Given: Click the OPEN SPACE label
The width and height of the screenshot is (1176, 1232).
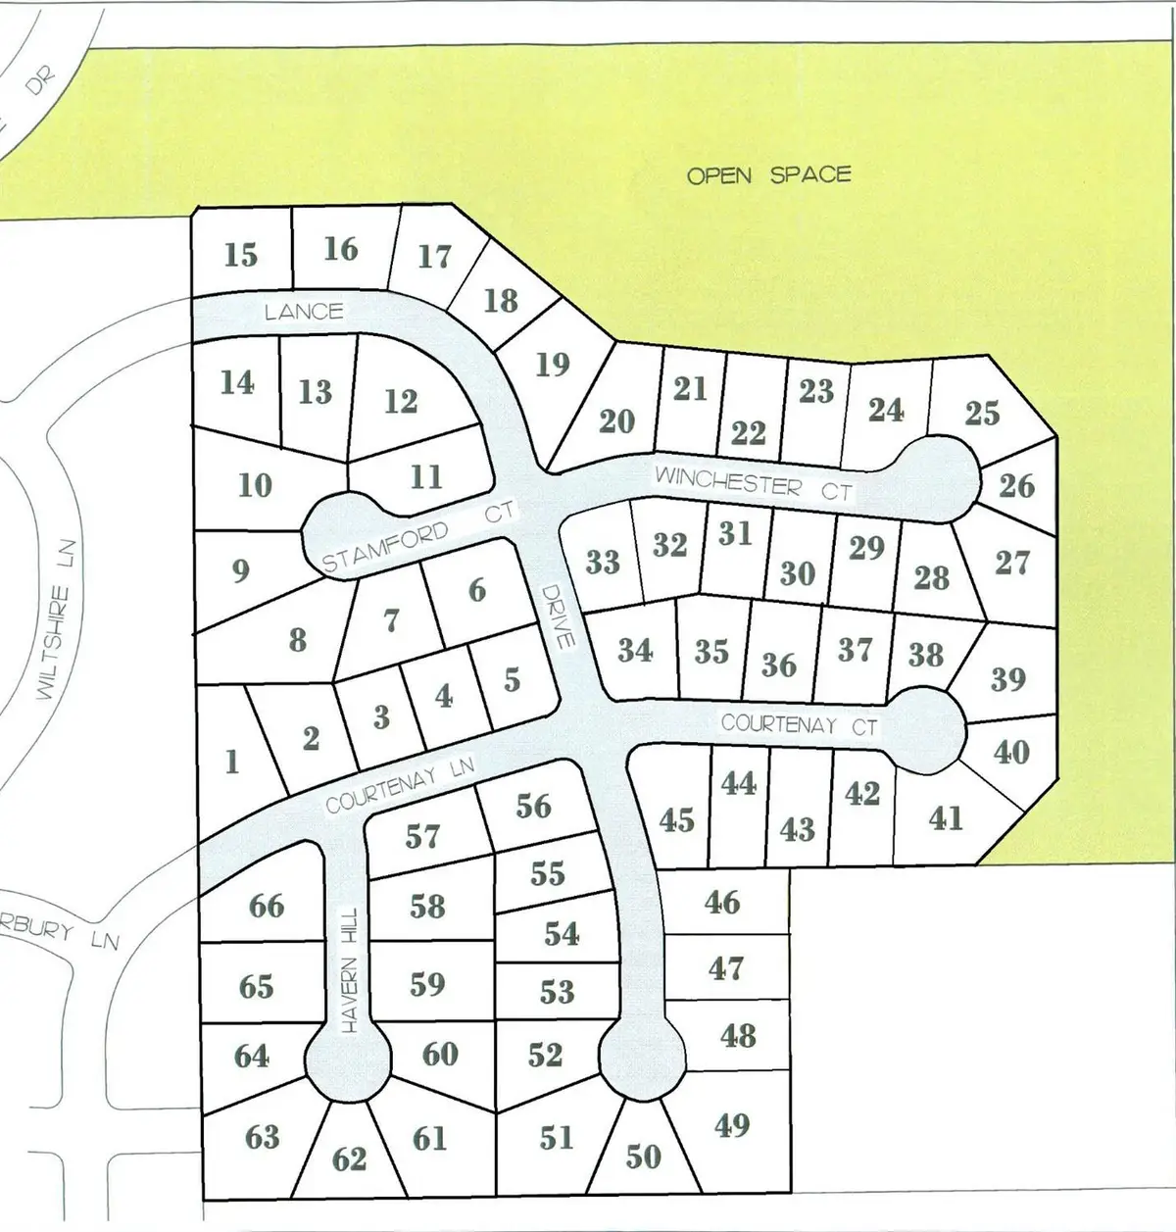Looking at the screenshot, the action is pyautogui.click(x=768, y=175).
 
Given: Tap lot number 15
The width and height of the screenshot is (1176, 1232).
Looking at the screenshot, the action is pyautogui.click(x=240, y=255).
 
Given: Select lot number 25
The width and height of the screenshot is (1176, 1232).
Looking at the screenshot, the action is pyautogui.click(x=981, y=413).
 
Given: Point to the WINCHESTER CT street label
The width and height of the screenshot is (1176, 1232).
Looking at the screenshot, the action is pyautogui.click(x=754, y=483).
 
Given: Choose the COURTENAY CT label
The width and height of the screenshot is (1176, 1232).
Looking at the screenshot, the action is pyautogui.click(x=800, y=725).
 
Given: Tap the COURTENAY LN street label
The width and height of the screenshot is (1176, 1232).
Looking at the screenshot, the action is pyautogui.click(x=400, y=784).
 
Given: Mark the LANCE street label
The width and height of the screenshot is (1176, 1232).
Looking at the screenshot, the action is pyautogui.click(x=304, y=312).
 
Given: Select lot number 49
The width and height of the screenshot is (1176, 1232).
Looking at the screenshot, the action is pyautogui.click(x=732, y=1125).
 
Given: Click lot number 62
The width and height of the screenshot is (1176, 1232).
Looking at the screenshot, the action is pyautogui.click(x=349, y=1159).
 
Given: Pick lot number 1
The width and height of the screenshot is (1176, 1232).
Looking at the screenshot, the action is pyautogui.click(x=232, y=762).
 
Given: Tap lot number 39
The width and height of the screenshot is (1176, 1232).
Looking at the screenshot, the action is pyautogui.click(x=1007, y=678).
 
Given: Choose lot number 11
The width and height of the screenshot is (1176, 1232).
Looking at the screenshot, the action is pyautogui.click(x=425, y=477).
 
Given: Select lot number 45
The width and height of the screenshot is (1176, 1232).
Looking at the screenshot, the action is pyautogui.click(x=676, y=819).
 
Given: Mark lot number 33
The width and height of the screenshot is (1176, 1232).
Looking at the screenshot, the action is pyautogui.click(x=603, y=562).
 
